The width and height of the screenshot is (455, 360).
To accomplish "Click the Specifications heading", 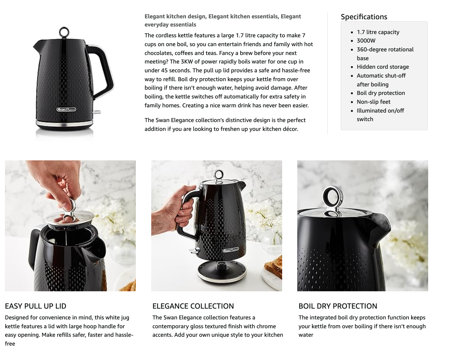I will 364,17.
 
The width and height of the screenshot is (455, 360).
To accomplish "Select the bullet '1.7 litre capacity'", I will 378,32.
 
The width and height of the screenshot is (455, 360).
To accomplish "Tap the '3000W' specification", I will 366,41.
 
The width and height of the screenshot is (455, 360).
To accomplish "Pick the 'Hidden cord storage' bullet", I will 383,67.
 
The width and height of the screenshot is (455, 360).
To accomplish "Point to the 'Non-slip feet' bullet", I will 373,102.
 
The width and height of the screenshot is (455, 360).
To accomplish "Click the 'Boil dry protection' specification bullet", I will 381,93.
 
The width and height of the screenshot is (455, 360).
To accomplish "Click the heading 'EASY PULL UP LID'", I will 35,306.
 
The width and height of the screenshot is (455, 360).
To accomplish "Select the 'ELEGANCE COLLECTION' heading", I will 193,306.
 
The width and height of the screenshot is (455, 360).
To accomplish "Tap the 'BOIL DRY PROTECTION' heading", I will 337,306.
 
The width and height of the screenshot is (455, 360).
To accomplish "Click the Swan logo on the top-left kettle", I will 66,109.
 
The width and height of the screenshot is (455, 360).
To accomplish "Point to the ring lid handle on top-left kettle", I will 64,32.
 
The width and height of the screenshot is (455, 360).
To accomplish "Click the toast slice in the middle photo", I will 274,267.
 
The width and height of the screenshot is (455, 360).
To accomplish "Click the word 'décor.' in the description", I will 288,129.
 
